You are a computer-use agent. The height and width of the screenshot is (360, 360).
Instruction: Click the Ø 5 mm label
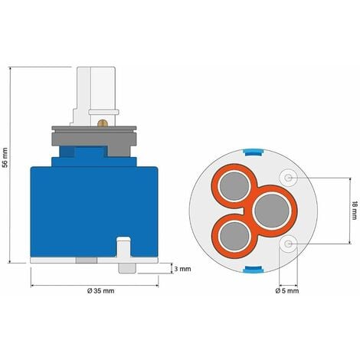coord(289,291)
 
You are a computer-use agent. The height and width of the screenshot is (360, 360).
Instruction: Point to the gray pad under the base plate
coord(87,260)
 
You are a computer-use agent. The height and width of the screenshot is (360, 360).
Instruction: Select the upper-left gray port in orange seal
coord(242,185)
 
